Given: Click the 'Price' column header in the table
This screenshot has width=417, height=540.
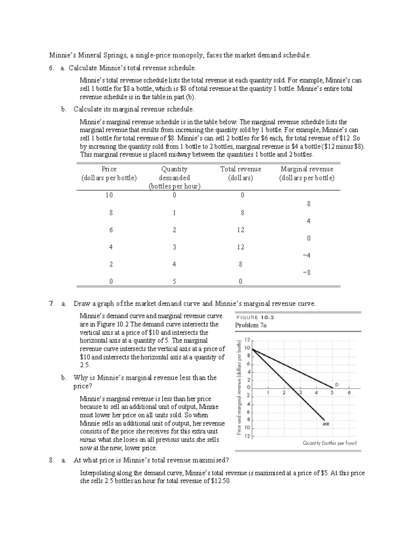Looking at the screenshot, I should [109, 169].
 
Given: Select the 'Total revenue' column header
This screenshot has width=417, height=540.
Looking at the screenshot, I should [240, 169].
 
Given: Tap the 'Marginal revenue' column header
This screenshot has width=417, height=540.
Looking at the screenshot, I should [307, 169].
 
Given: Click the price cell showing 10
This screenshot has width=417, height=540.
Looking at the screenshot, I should [109, 195].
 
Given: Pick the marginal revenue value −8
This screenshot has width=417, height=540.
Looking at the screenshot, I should [306, 273].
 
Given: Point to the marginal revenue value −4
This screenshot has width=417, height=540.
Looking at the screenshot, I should [306, 256].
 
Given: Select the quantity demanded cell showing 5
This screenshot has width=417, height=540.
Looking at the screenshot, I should [174, 281].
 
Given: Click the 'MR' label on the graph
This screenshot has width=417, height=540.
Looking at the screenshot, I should [326, 424].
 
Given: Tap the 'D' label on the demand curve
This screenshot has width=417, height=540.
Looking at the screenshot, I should [336, 385].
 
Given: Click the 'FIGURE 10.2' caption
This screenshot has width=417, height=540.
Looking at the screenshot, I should [255, 317].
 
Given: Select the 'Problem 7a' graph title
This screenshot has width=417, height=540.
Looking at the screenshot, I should [251, 325].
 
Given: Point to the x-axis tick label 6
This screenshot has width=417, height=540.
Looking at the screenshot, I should [349, 393].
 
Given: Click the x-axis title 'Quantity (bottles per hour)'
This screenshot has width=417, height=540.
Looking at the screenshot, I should [330, 443].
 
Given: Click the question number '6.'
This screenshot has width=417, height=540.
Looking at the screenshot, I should [51, 68].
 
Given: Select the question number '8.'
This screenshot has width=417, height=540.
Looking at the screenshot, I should [51, 460].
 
